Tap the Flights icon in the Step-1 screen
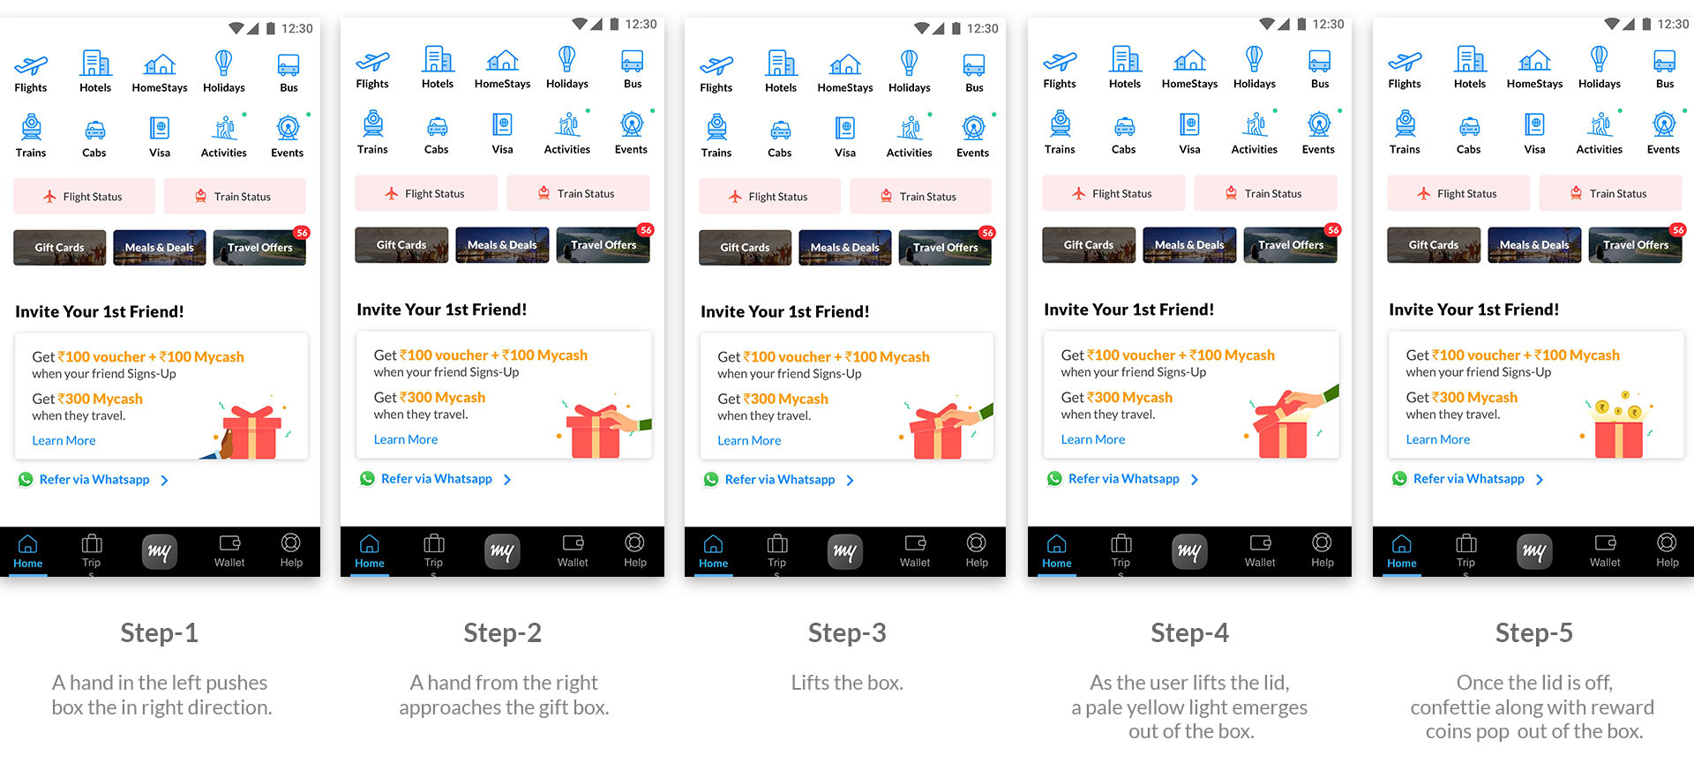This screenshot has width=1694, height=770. [x=31, y=65]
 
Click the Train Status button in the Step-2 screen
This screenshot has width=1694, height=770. [x=578, y=193]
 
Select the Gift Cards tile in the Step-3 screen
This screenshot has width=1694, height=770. [x=745, y=248]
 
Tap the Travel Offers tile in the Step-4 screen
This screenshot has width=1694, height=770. [x=1291, y=245]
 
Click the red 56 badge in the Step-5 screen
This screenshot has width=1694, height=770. [x=1677, y=230]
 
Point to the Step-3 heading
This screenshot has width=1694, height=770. [x=847, y=632]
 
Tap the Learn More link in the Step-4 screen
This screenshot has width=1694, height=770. [x=1092, y=439]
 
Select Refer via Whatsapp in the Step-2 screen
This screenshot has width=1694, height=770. [x=437, y=479]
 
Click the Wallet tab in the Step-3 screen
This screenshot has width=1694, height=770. [x=915, y=551]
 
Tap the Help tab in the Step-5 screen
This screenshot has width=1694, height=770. [x=1667, y=550]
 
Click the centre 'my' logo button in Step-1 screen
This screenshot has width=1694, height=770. [x=160, y=552]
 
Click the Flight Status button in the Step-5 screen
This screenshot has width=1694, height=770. [x=1458, y=193]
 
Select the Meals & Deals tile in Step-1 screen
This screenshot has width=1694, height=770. [x=160, y=248]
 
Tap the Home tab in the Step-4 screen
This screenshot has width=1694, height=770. [x=1056, y=551]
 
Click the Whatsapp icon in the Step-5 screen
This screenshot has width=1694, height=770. [x=1399, y=479]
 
